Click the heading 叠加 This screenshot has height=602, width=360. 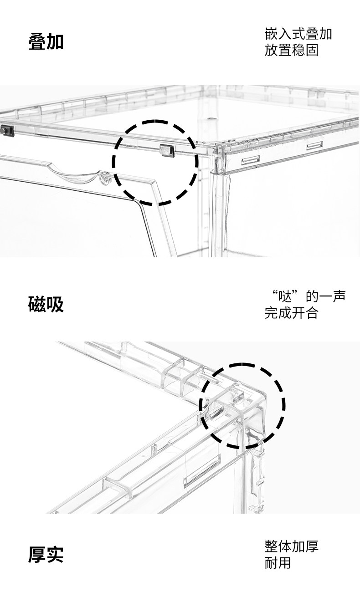(46, 41)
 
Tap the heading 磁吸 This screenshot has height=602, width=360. (46, 304)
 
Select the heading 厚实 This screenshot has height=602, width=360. (46, 554)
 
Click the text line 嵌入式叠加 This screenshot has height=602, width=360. (298, 34)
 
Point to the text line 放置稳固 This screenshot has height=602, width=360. (291, 50)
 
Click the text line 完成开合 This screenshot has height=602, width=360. (291, 313)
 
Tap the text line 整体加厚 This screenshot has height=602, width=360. (291, 546)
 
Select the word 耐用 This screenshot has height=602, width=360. (278, 563)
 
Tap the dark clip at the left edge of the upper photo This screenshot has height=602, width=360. (6, 130)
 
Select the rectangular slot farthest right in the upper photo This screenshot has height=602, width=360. (314, 145)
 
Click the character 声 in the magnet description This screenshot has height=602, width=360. (339, 297)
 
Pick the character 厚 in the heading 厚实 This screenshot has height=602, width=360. (37, 554)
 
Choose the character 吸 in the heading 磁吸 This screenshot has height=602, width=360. (55, 304)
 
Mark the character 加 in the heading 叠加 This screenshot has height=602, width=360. (55, 41)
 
